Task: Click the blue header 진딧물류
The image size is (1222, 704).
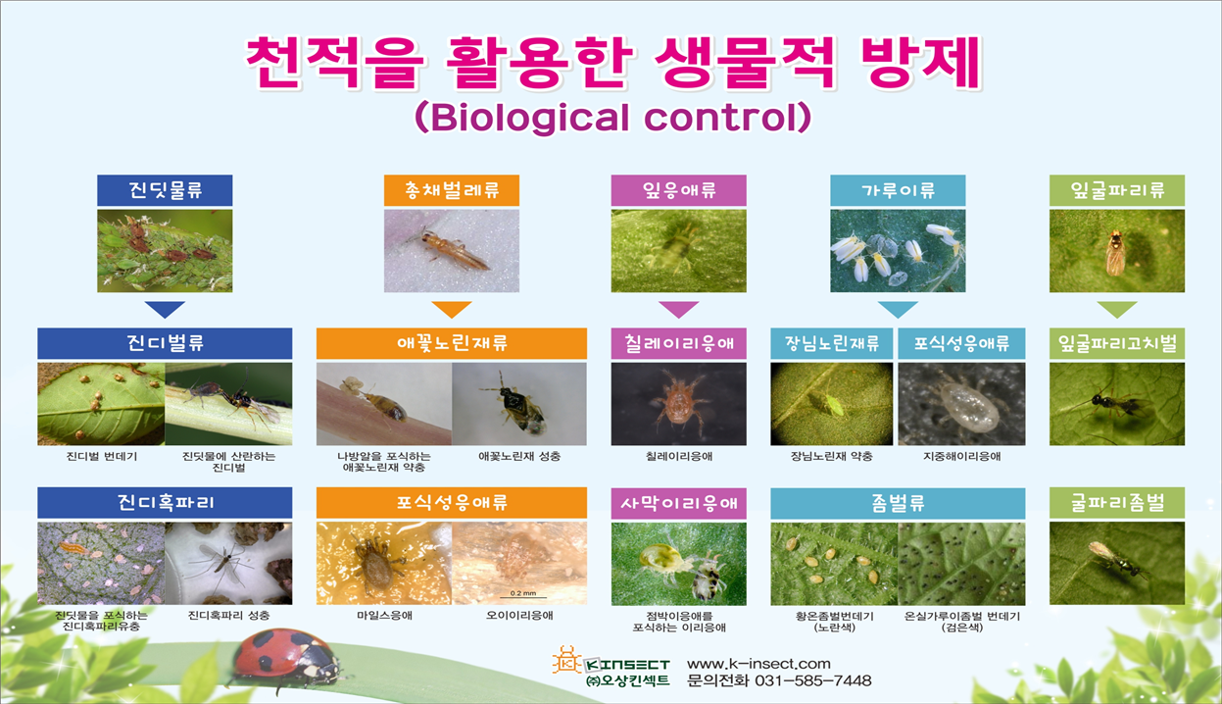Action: [x=165, y=190]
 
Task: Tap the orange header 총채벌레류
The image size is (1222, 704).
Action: [x=452, y=190]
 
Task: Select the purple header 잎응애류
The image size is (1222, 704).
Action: [x=679, y=190]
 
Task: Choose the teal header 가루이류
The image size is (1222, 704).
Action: [x=898, y=190]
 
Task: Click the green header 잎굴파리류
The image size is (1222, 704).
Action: [x=1117, y=190]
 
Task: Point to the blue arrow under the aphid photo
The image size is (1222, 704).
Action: [x=165, y=309]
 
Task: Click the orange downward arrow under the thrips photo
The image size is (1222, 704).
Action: [x=452, y=309]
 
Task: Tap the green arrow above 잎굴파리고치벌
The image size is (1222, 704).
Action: [x=1117, y=309]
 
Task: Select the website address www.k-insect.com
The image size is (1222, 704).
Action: [x=758, y=664]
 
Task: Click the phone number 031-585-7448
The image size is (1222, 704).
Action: [x=812, y=680]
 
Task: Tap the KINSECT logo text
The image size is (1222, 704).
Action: [x=627, y=665]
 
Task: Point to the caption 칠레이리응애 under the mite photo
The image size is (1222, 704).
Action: [x=679, y=456]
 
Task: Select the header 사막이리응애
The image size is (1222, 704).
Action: [x=679, y=503]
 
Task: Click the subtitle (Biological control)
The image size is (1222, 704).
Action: [x=613, y=118]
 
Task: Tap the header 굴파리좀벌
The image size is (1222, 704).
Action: [x=1117, y=503]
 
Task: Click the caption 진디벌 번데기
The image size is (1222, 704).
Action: [x=102, y=456]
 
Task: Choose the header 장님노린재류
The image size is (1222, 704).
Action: [x=832, y=343]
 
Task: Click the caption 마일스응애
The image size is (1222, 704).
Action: [x=384, y=616]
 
